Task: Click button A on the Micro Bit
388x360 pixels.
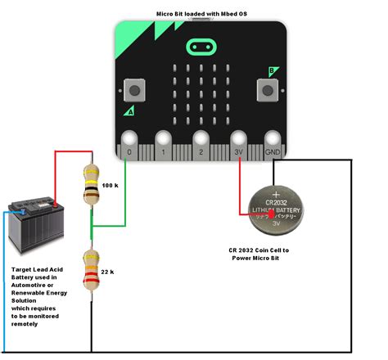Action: point(131,89)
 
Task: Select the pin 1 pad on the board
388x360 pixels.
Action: point(164,140)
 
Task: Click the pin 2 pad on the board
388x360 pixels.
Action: point(201,140)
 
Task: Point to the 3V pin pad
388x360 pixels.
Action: point(238,140)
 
